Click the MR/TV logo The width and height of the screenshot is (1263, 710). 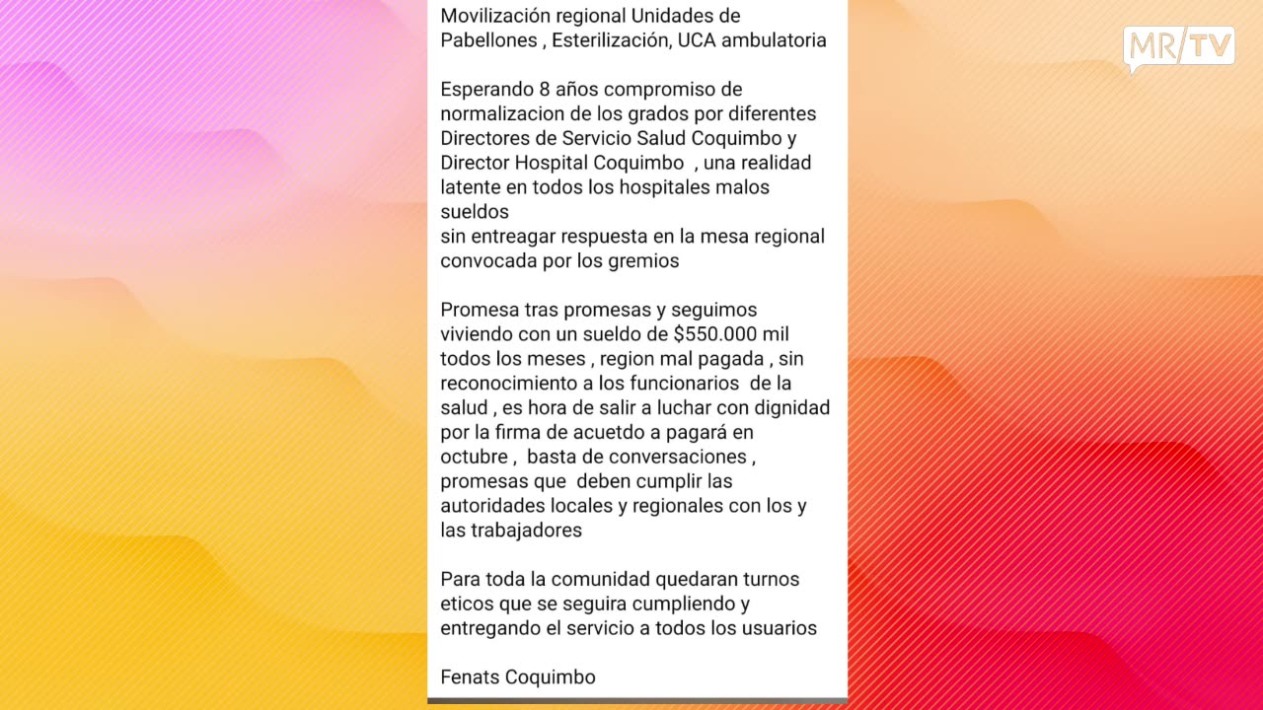point(1179,48)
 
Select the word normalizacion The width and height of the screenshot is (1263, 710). point(501,113)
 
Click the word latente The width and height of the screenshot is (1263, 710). point(471,186)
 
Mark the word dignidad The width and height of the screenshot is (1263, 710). point(790,407)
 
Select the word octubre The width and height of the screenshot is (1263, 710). point(474,457)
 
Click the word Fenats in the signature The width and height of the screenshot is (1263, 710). point(470,677)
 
